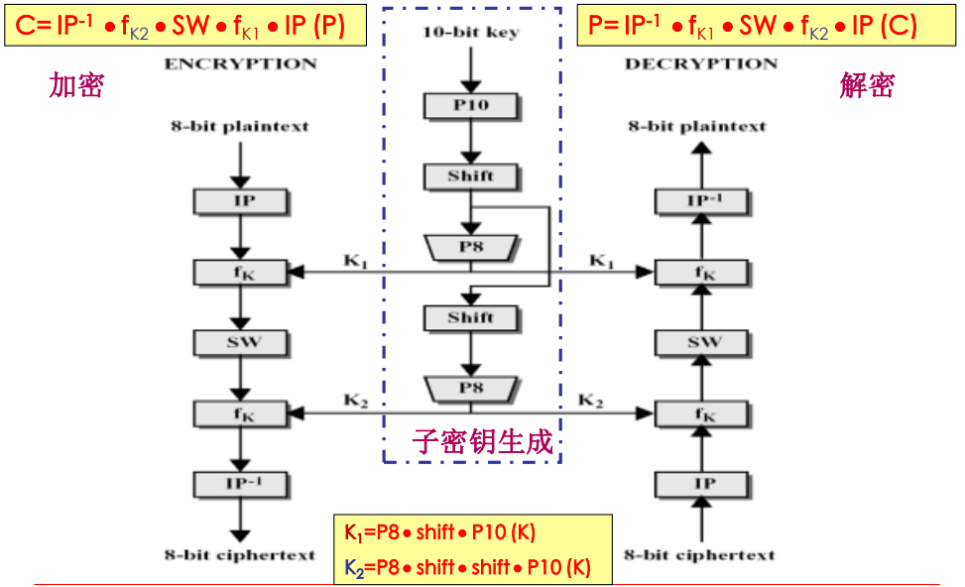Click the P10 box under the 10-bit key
tap(471, 104)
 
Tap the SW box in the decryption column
tap(703, 342)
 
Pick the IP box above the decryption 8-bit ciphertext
tap(703, 484)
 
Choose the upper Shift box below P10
tap(471, 176)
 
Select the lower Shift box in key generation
tap(471, 317)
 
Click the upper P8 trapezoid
tap(471, 246)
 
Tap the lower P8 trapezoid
tap(471, 388)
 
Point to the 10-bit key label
tap(471, 33)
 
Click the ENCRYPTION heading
tap(240, 63)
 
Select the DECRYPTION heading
tap(700, 63)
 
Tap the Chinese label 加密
tap(76, 86)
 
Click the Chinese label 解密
tap(867, 86)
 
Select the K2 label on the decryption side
tap(591, 401)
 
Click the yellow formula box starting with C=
tap(181, 26)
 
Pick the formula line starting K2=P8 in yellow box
tap(467, 567)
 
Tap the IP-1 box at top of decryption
tap(703, 201)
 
